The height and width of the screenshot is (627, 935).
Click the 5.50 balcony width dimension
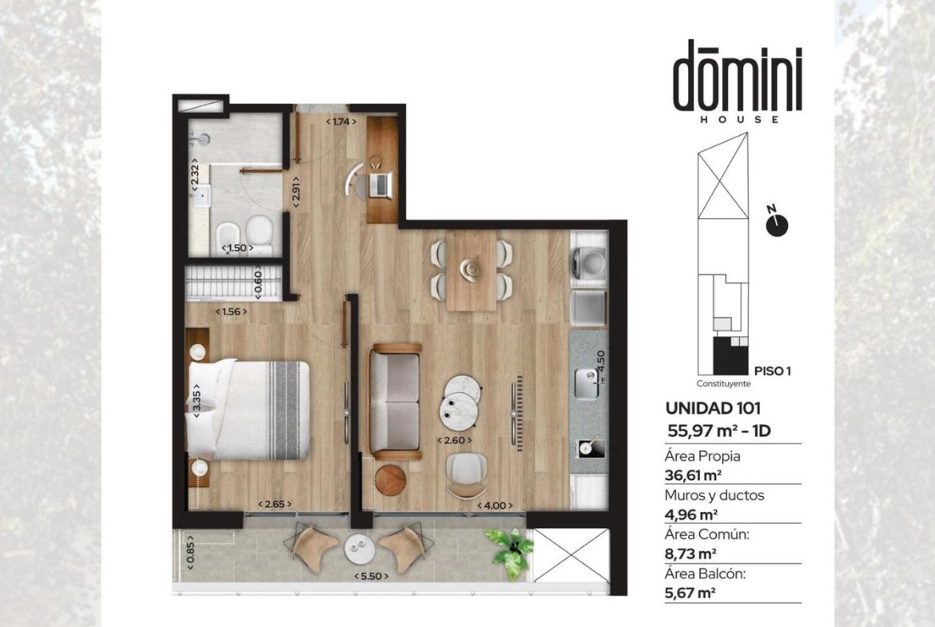pos(371,577)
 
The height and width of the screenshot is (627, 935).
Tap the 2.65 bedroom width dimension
pos(275,504)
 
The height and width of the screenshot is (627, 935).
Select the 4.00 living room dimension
pos(495,506)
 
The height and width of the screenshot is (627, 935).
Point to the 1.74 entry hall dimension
pos(341,121)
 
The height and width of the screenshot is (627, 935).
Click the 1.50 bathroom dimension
pos(237,248)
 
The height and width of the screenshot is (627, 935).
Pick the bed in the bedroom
pos(249,410)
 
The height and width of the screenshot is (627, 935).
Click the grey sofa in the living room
pos(395,401)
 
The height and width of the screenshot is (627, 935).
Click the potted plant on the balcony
pos(510,550)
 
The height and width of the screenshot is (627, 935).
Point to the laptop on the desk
pos(380,185)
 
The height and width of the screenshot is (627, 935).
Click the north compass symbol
pos(777,223)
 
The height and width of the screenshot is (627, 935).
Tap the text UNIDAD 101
pos(713,408)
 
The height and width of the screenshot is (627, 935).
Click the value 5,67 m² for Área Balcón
pos(690,593)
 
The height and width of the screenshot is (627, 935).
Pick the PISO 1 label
pos(773,371)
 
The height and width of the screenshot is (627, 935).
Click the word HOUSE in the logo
pos(739,119)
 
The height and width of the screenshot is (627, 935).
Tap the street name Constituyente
pos(723,384)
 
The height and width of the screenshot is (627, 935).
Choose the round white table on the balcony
pos(360,548)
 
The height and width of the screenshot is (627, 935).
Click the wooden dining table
pos(472,271)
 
